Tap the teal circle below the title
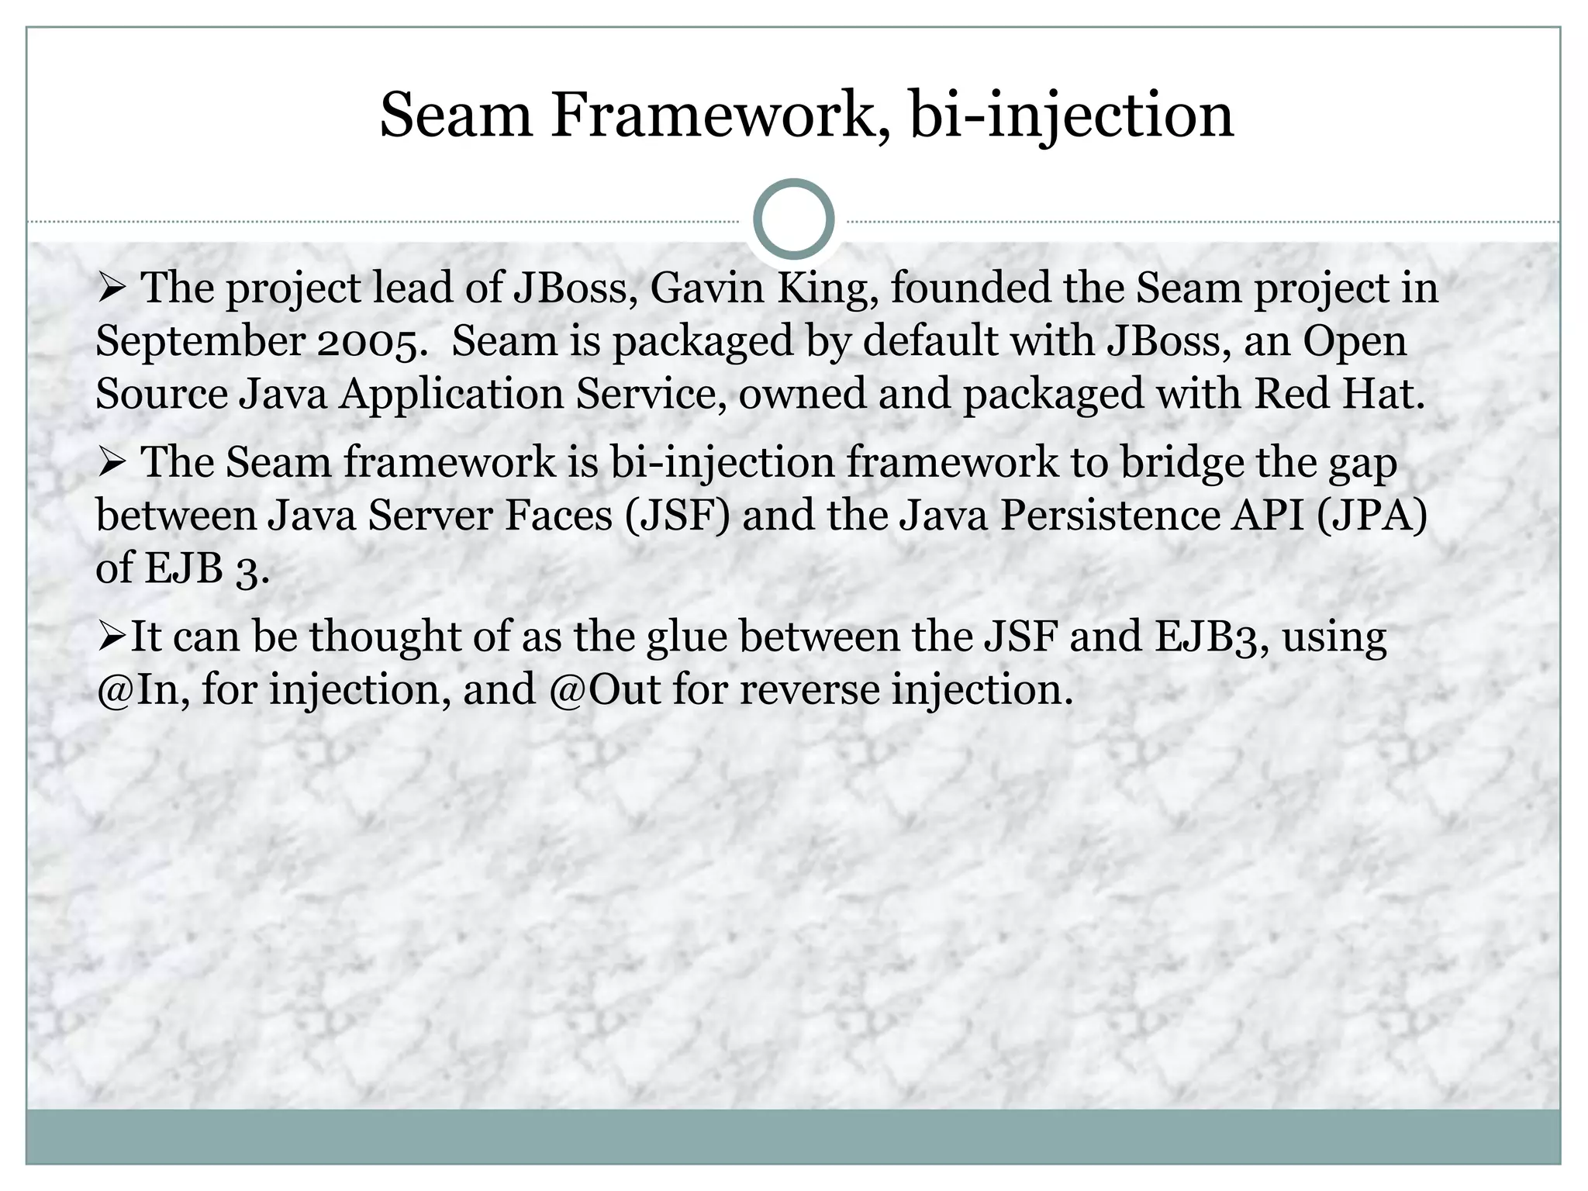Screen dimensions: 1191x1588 (x=793, y=219)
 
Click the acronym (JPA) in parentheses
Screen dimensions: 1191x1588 (x=1372, y=516)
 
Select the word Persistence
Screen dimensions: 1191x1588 (x=1109, y=516)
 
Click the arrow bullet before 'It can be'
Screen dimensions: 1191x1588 (x=112, y=637)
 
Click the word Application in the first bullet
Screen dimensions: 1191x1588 (x=451, y=394)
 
